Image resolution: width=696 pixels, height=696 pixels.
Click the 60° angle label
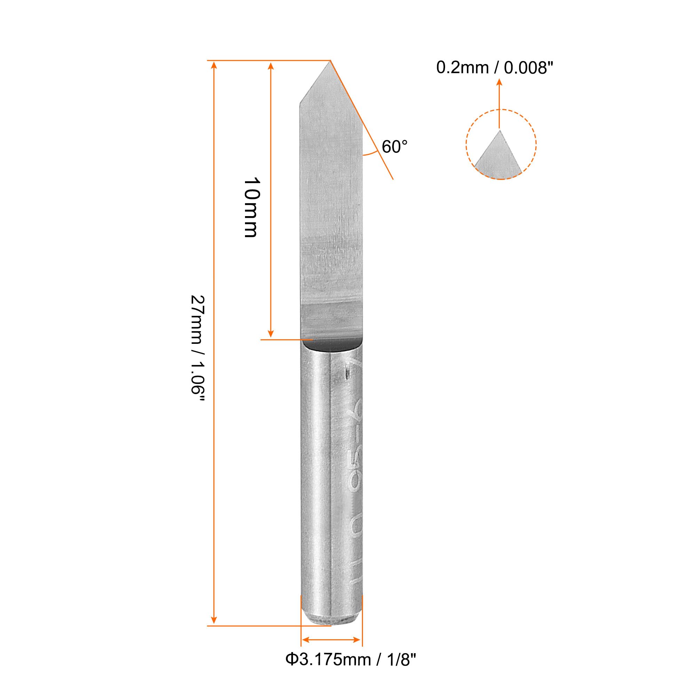tap(395, 147)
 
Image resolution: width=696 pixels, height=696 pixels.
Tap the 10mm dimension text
tap(252, 207)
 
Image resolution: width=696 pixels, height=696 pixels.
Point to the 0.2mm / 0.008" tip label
tap(494, 68)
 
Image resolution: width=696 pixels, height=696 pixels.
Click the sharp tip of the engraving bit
tap(330, 62)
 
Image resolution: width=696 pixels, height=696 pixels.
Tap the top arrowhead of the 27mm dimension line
tap(214, 65)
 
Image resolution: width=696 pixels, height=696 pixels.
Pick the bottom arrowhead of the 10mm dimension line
tap(271, 333)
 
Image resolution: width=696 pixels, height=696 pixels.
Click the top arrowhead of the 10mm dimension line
tap(271, 65)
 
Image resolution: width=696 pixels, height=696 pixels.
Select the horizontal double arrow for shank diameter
tap(331, 650)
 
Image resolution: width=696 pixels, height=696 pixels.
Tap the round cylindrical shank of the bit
tap(315, 487)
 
